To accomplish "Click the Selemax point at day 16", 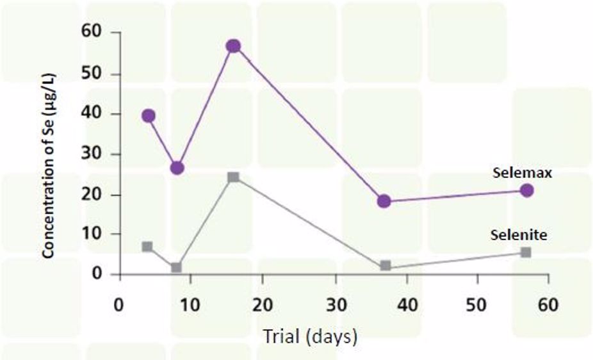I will coord(233,45).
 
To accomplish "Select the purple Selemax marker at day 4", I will coord(149,116).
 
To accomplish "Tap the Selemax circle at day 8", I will coord(177,168).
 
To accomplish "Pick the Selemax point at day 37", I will coord(384,201).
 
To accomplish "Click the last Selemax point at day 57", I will coord(526,190).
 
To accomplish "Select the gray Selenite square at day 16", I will coord(233,177).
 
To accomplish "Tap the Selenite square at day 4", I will coord(148,247).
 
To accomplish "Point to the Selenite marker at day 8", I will coord(177,267).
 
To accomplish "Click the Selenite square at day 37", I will coord(385,265).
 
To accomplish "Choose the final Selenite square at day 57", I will coord(526,252).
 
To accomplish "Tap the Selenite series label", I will coord(519,235).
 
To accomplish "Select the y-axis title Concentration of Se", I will coord(49,154).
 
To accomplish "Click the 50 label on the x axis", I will coord(476,304).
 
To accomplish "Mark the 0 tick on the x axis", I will coord(118,304).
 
